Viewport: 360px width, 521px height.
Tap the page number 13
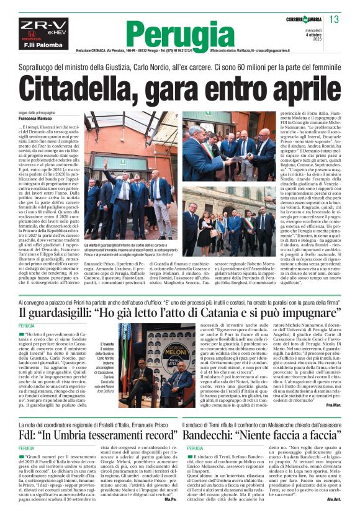(333, 20)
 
